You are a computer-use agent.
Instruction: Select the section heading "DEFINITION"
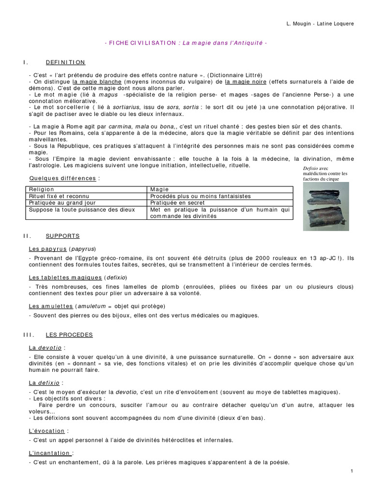(x=65, y=63)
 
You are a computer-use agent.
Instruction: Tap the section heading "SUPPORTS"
(x=62, y=236)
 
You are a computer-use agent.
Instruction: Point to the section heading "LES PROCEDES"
(x=69, y=335)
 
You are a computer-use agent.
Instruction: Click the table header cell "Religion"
(x=42, y=189)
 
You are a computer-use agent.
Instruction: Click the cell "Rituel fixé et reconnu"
(x=57, y=196)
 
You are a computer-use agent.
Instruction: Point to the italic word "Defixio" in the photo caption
(x=311, y=168)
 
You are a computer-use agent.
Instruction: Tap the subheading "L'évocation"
(x=46, y=431)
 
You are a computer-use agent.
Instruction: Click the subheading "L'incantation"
(x=50, y=453)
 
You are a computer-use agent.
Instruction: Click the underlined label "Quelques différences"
(x=62, y=178)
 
